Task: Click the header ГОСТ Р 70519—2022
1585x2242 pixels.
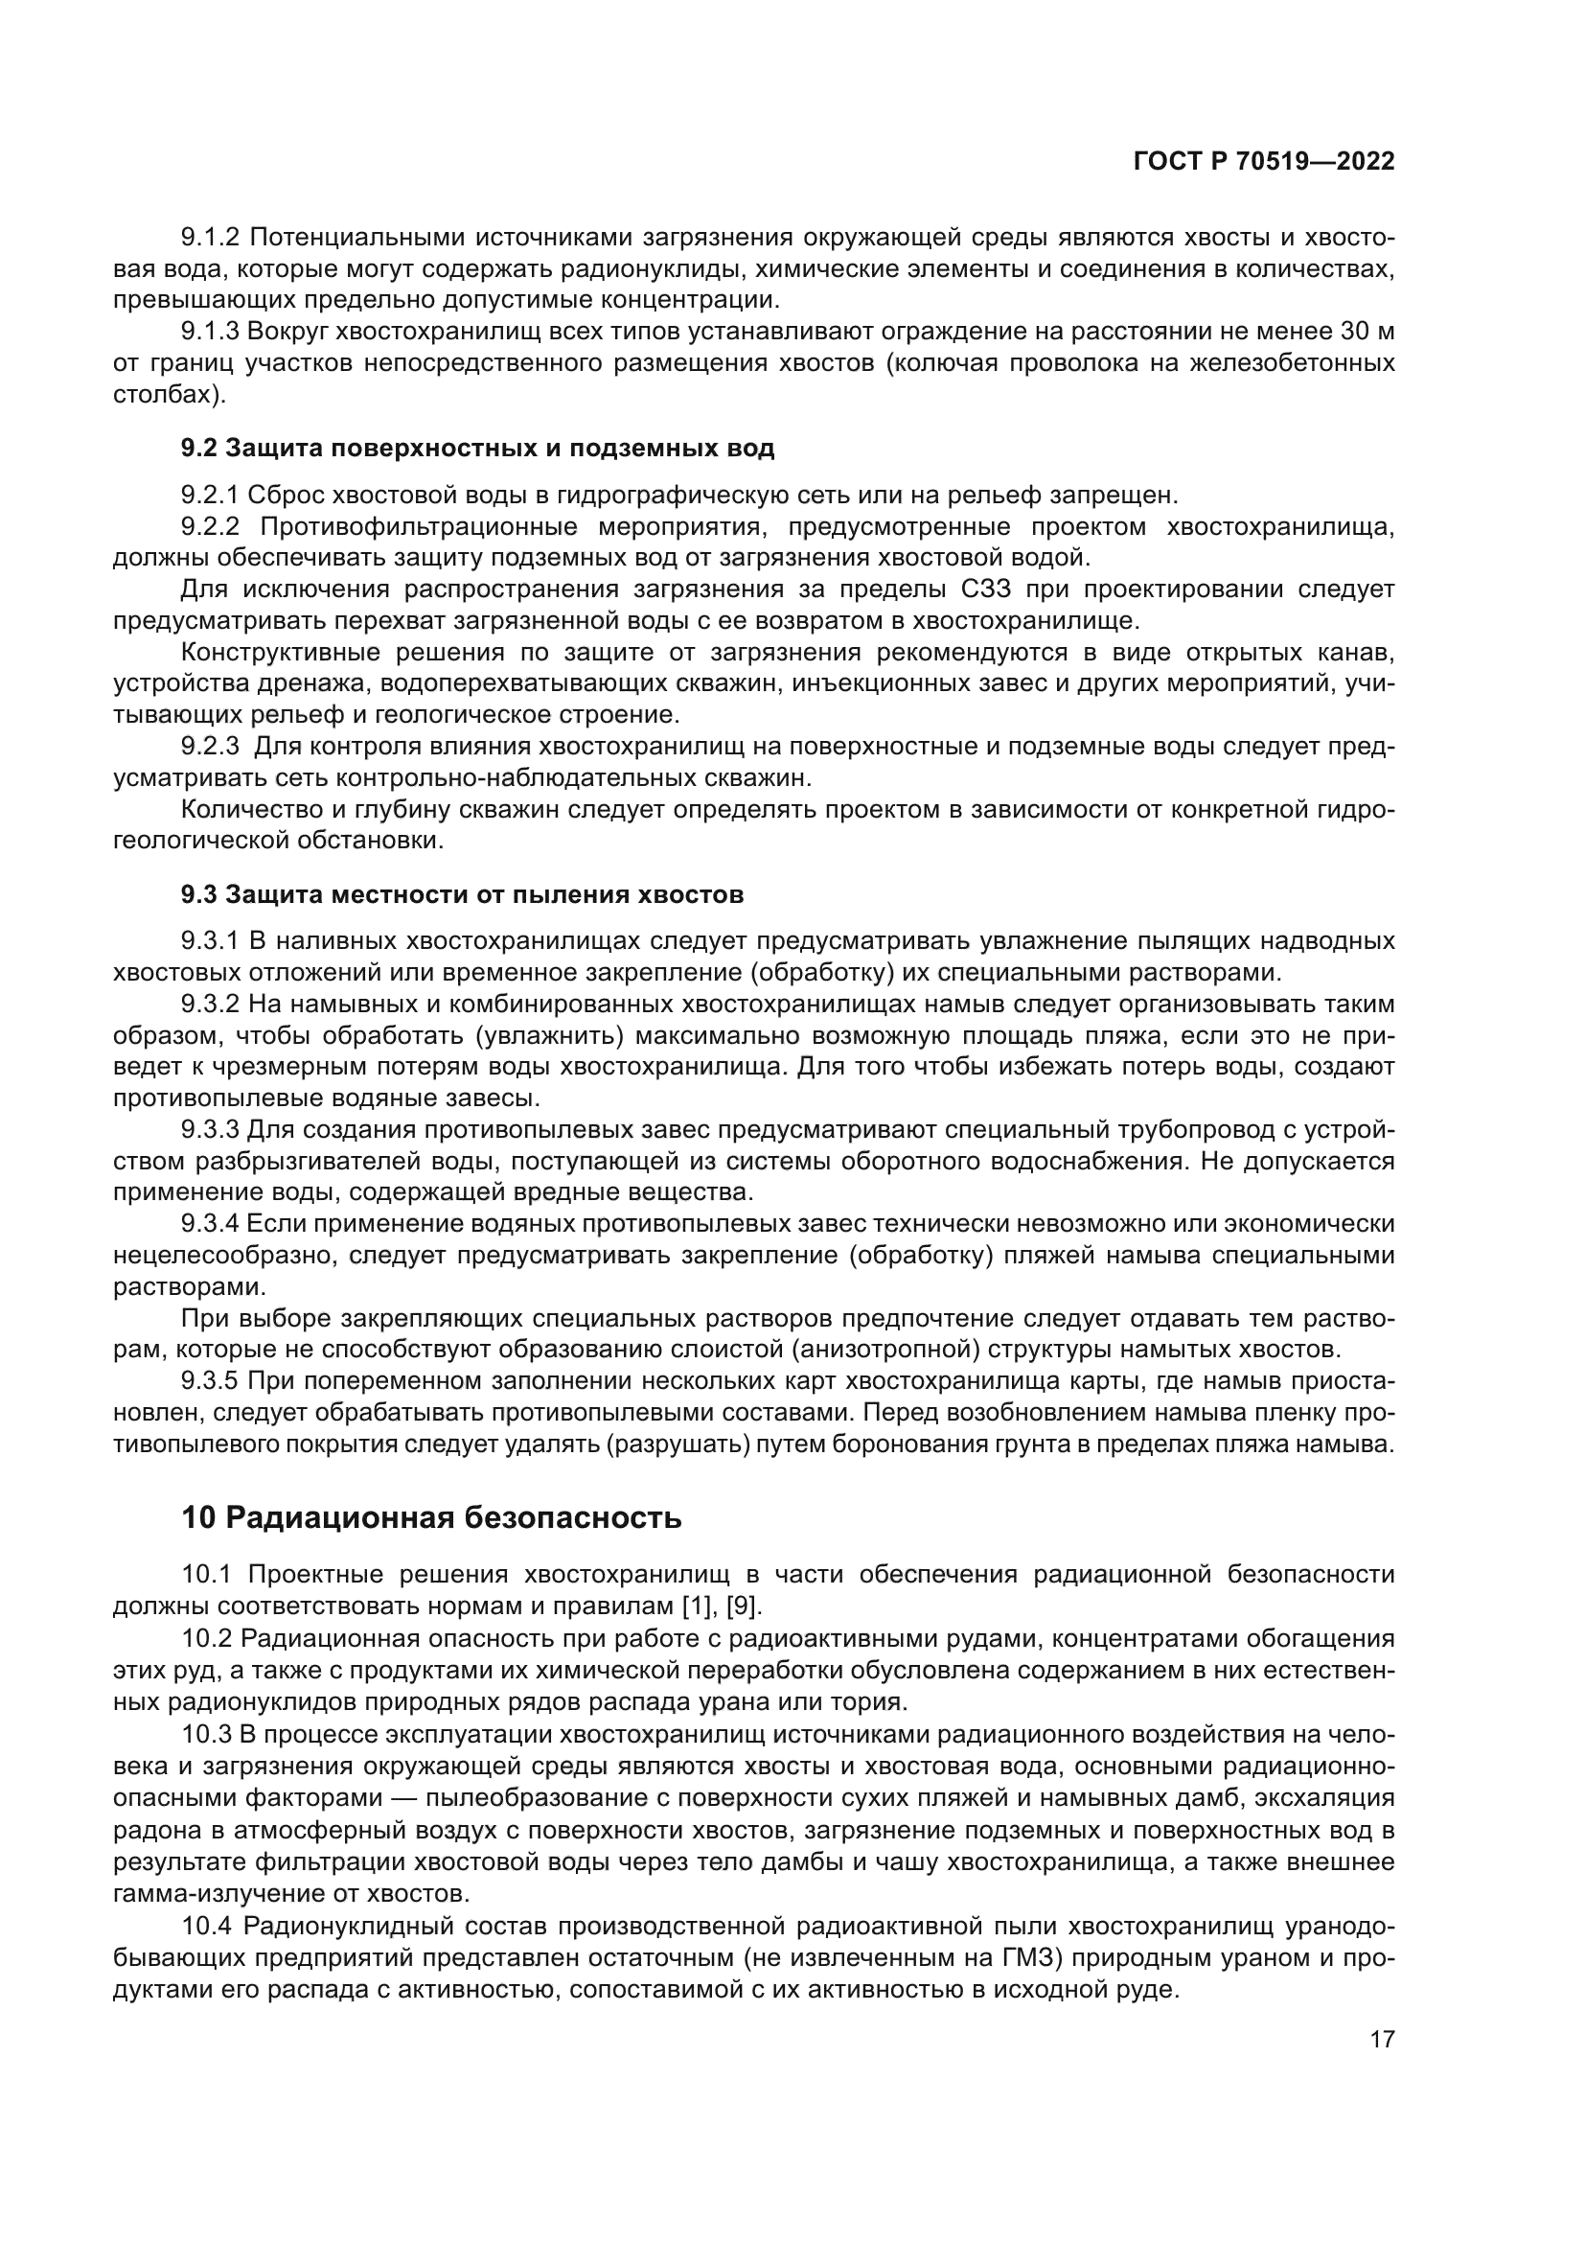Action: coord(1264,162)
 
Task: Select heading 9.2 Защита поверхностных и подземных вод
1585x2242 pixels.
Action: coord(477,449)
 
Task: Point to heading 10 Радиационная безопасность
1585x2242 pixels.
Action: coord(431,1518)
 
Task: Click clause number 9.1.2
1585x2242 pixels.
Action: coord(210,238)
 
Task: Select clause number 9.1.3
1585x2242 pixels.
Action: coord(210,332)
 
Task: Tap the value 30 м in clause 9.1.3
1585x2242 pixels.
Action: coord(1367,332)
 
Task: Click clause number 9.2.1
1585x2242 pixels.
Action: coord(210,495)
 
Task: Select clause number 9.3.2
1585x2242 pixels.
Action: coord(210,1004)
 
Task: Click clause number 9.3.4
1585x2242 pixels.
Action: coord(210,1223)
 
